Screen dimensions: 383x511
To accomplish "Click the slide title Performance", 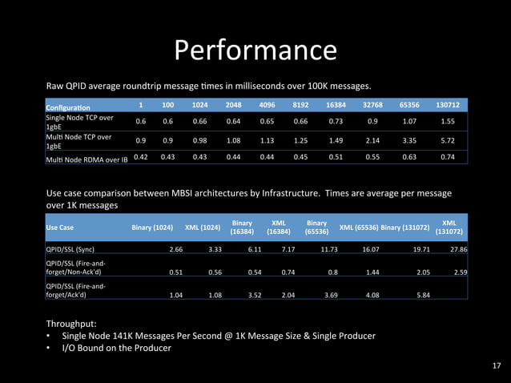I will [x=255, y=50].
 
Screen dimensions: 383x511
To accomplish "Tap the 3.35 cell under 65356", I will [x=409, y=139].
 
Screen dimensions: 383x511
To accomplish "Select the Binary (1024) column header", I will [x=152, y=227].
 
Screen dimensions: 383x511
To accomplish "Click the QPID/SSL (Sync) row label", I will [x=70, y=249].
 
